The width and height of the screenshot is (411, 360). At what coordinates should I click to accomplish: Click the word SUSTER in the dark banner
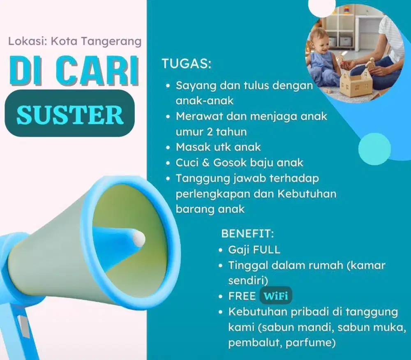pos(70,114)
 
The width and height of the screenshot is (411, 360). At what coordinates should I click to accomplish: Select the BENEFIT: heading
pos(247,234)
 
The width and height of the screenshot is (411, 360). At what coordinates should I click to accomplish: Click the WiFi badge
pos(276,296)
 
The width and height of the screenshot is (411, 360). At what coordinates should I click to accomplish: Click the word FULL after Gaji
pos(266,249)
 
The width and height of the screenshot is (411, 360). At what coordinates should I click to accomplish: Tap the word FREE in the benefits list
pos(242,296)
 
